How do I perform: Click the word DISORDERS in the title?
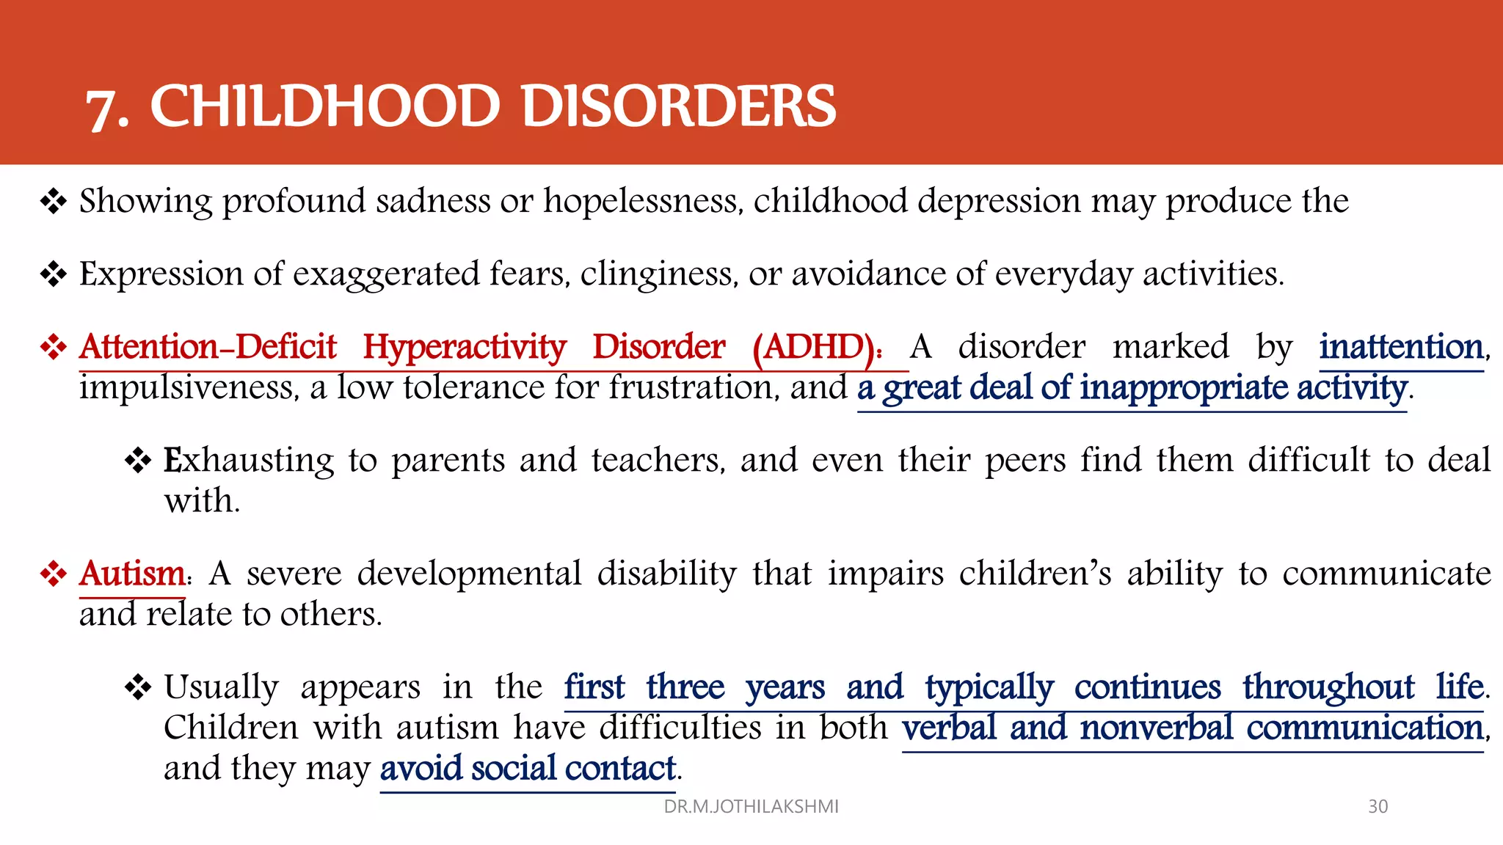(x=678, y=106)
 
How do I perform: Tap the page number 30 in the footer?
(x=1378, y=807)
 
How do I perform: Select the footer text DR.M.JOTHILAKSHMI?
(x=751, y=807)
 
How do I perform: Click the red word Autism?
(x=132, y=574)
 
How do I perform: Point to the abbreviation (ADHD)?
(x=817, y=347)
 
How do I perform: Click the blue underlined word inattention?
(x=1401, y=347)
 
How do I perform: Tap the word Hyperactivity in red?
(x=465, y=347)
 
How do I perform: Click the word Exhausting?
(x=248, y=461)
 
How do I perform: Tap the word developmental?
(x=469, y=574)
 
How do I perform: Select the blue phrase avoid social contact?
(x=527, y=768)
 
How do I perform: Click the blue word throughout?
(x=1328, y=687)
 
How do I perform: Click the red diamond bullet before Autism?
(x=54, y=574)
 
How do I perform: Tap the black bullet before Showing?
(x=54, y=201)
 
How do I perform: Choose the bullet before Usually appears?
(x=138, y=687)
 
